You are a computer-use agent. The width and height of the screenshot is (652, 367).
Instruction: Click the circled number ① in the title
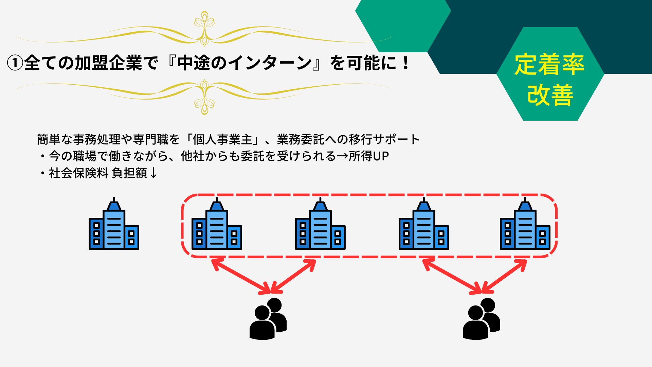15,63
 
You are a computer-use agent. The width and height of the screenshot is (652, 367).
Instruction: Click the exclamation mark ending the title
405,63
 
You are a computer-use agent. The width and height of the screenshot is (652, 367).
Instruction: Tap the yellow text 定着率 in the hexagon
549,64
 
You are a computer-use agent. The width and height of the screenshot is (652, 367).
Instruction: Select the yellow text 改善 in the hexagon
550,95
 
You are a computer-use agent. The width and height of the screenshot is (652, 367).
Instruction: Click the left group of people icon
268,319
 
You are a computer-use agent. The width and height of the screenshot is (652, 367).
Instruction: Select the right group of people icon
482,319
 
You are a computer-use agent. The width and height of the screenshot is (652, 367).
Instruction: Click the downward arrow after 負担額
153,173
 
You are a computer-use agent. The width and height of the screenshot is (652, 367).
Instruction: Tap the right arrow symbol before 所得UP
342,156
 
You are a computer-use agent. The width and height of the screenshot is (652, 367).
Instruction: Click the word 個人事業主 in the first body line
222,139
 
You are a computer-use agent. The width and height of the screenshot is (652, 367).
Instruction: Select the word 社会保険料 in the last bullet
78,173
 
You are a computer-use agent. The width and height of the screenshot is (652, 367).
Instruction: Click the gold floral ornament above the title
204,29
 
